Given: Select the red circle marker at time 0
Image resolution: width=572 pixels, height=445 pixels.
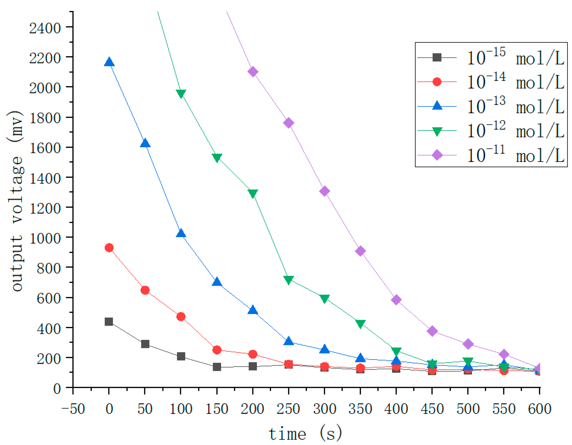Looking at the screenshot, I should tap(109, 248).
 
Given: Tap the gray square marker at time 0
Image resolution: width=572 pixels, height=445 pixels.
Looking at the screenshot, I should tap(109, 322).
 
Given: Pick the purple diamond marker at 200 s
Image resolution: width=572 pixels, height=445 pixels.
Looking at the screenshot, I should tap(253, 72).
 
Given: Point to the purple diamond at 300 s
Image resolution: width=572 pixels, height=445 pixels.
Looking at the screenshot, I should tap(324, 191).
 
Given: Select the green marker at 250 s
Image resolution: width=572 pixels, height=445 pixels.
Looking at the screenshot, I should tap(289, 280).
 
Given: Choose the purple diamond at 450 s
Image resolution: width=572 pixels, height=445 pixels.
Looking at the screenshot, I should tap(432, 331).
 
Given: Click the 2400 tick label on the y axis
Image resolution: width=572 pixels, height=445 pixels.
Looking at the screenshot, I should tap(45, 28).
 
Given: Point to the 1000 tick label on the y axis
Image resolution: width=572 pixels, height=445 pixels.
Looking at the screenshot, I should tap(45, 238).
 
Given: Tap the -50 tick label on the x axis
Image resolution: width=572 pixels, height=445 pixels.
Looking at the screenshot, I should tap(73, 409).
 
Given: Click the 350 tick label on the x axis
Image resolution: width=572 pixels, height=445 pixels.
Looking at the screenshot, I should tap(360, 409).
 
